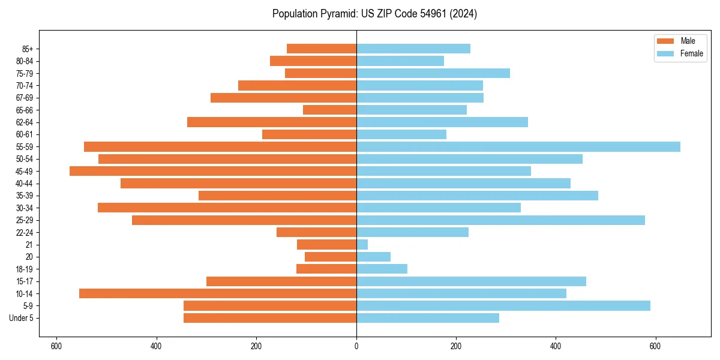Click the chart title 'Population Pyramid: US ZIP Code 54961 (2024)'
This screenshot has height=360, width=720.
[374, 14]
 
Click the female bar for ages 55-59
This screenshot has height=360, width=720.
[518, 146]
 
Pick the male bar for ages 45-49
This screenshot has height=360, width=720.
[213, 171]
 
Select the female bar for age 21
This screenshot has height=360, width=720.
[362, 244]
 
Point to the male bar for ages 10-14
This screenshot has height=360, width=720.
[218, 293]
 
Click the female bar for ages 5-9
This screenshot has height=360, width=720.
[503, 305]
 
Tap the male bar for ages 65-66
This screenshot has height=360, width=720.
[330, 110]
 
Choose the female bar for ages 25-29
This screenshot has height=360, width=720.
[500, 220]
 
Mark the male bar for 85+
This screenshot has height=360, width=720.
[322, 49]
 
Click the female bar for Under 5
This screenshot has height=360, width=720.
[428, 318]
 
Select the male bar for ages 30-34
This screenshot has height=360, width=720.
[227, 208]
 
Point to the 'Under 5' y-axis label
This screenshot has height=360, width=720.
[22, 318]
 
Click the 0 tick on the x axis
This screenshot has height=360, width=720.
[356, 346]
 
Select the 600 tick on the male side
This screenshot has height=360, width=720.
[56, 346]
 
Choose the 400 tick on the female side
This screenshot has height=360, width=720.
[556, 346]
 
